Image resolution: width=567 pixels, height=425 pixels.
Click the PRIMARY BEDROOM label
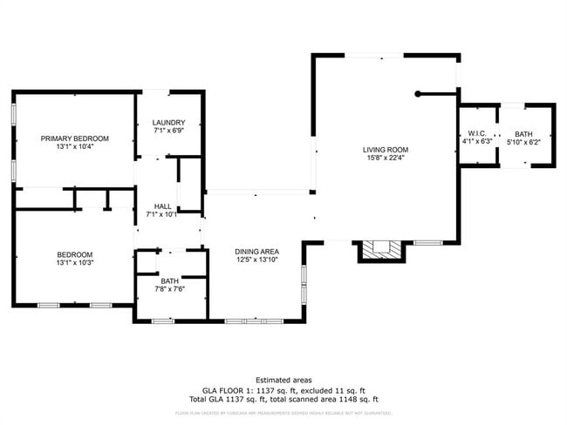74,138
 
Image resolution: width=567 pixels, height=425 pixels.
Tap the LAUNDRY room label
167,123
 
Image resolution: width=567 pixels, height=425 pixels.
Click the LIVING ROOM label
386,150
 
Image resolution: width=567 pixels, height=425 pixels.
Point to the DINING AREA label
256,252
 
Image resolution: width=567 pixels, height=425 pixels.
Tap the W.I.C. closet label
476,133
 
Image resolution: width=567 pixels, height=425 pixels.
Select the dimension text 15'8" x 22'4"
386,159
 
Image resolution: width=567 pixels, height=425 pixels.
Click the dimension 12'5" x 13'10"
256,260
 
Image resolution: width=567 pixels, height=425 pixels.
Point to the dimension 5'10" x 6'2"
523,141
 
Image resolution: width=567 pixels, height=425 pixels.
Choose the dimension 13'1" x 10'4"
74,146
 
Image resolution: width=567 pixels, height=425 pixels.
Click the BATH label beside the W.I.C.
523,133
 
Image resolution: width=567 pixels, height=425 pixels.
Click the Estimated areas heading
283,380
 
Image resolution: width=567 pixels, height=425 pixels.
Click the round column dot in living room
419,93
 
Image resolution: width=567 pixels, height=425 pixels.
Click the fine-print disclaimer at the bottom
283,413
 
